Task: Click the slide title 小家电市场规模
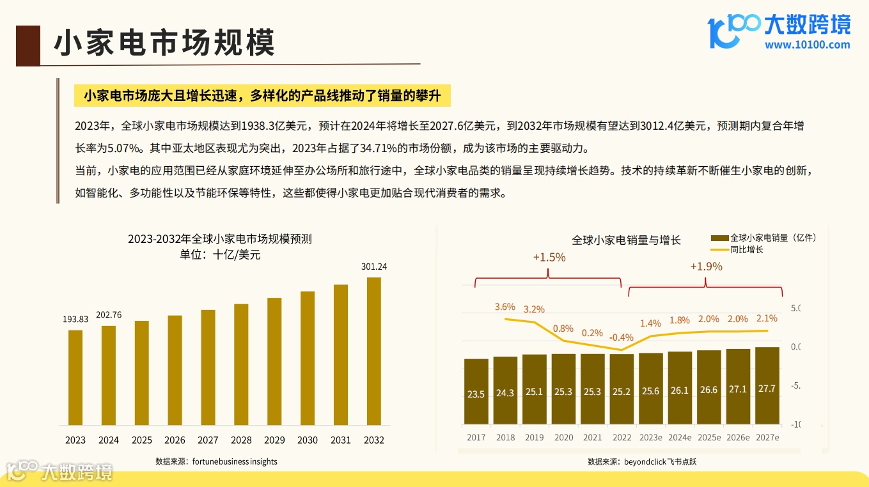164,43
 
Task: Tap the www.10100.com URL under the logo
807,45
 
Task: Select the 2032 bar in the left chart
373,352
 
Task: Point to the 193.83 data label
75,319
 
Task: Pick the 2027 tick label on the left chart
208,440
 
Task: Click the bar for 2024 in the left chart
109,376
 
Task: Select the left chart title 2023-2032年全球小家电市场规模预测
219,239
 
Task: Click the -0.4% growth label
621,337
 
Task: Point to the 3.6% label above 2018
505,307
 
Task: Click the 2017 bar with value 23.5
476,391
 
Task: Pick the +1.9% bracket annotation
706,267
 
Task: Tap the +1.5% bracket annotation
549,257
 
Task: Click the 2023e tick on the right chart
650,438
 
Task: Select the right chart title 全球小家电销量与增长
626,240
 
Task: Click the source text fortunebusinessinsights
235,461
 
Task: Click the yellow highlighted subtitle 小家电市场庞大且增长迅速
262,96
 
